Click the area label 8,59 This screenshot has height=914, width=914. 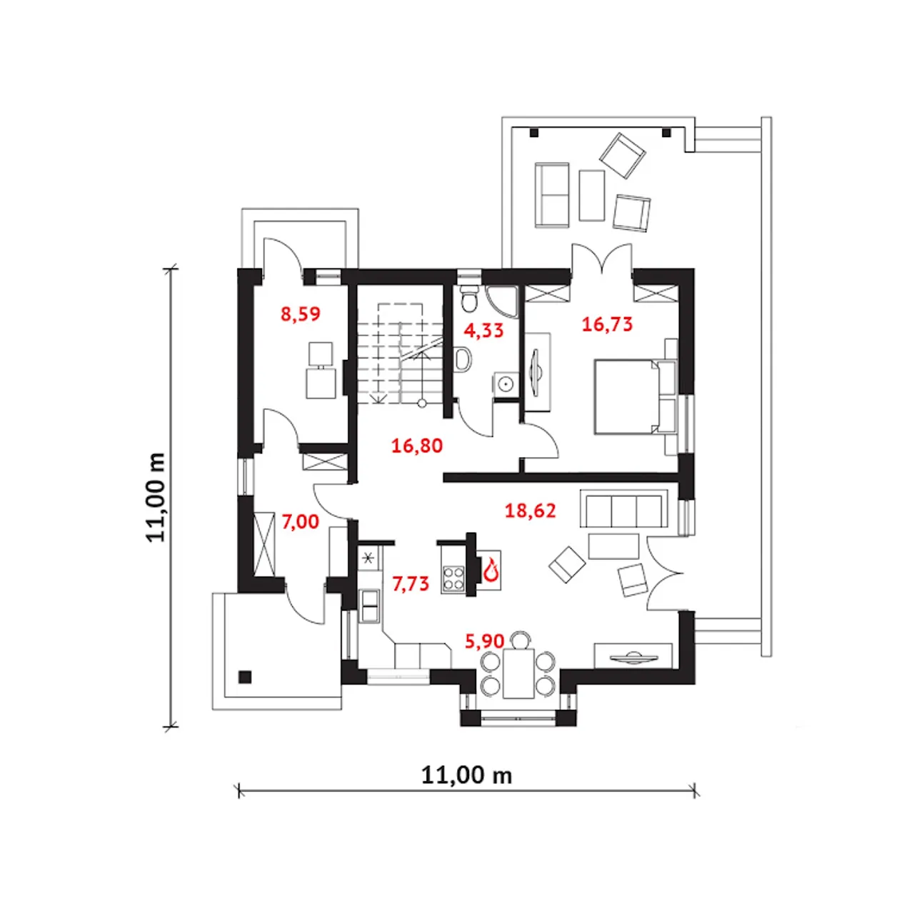(x=300, y=314)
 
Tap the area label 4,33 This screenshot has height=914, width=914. (x=483, y=330)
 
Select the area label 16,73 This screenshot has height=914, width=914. (x=607, y=324)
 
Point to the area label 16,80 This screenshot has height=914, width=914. (x=417, y=446)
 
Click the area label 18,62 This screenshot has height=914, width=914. (x=531, y=511)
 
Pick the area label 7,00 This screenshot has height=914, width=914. (x=300, y=522)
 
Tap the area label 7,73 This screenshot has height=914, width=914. (x=411, y=584)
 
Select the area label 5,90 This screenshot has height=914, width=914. (x=484, y=641)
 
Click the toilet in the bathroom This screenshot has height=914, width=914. (x=470, y=298)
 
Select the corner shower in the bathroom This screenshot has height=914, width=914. (x=502, y=301)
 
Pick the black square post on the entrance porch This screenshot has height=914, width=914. (x=245, y=676)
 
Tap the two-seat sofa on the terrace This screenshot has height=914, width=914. (x=552, y=194)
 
